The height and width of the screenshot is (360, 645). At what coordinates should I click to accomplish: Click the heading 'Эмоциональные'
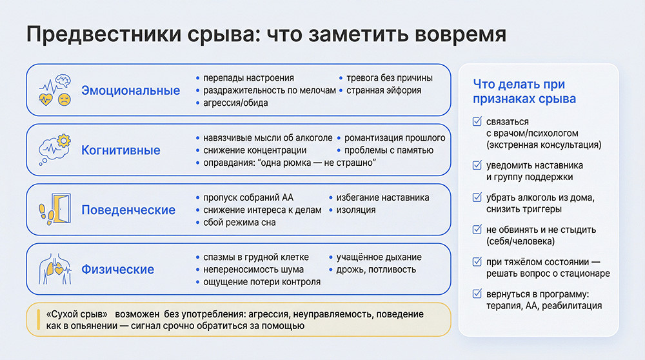tap(130, 90)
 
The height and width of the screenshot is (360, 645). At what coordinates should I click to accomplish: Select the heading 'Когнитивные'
tap(121, 150)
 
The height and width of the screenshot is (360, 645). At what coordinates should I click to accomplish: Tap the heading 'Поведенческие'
tap(128, 210)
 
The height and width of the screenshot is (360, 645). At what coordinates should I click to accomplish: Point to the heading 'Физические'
tap(117, 270)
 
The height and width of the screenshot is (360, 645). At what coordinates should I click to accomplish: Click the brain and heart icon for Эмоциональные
tap(55, 90)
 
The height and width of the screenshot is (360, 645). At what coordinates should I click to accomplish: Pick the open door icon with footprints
tap(55, 210)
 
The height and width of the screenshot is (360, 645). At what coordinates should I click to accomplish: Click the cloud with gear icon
tap(55, 150)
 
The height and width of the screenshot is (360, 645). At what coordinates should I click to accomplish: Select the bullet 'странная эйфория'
tap(383, 90)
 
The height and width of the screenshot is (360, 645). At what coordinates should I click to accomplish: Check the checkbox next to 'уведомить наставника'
tap(477, 165)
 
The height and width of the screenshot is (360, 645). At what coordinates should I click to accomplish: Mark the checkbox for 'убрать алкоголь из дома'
tap(477, 197)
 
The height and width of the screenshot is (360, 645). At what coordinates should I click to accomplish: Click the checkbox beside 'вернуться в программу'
tap(477, 294)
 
